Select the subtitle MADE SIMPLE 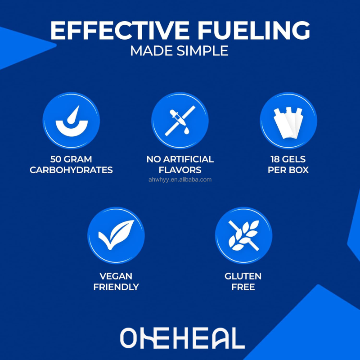[x=179, y=51]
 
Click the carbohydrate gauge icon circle [x=71, y=121]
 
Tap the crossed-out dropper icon [x=180, y=121]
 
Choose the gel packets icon [x=288, y=121]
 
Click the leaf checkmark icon [x=116, y=235]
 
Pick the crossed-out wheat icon [x=243, y=235]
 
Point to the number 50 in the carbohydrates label [x=58, y=159]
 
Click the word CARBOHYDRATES [x=71, y=170]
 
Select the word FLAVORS [x=180, y=170]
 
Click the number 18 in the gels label [x=275, y=159]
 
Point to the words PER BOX [x=288, y=170]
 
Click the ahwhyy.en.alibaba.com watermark [x=180, y=180]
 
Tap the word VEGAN [x=116, y=276]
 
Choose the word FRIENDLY [x=116, y=287]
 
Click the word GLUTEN [x=243, y=276]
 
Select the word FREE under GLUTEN [x=243, y=287]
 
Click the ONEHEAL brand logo [x=182, y=338]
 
